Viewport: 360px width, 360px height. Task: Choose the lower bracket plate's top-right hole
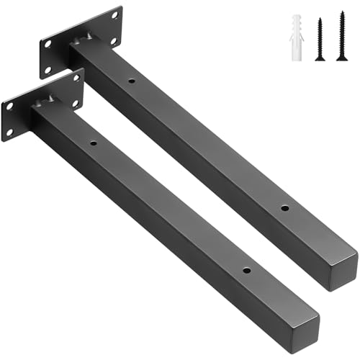(x=75, y=79)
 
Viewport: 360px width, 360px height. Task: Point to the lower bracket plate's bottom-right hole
(x=76, y=104)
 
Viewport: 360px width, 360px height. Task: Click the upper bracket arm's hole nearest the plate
(x=131, y=81)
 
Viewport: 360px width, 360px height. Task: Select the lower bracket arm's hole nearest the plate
(x=93, y=143)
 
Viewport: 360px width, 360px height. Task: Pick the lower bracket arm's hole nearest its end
(x=246, y=272)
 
